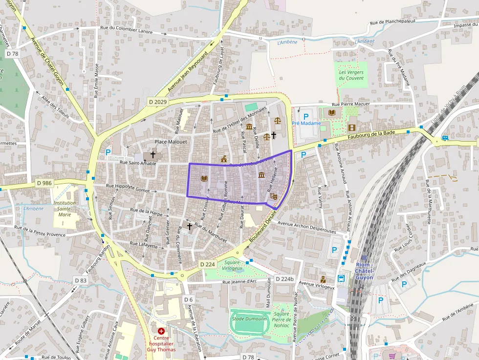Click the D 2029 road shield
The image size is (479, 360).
[157, 102]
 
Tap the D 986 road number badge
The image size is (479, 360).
[44, 183]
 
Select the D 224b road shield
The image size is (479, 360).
[284, 279]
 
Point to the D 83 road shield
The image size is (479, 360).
[81, 280]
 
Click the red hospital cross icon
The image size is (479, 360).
[161, 331]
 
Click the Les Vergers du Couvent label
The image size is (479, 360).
[351, 75]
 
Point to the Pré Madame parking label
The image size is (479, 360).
[306, 123]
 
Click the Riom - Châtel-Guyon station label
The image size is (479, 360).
[365, 268]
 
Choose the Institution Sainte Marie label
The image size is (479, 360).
[65, 209]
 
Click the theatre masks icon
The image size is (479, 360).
[273, 196]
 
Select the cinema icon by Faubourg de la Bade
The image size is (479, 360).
[352, 127]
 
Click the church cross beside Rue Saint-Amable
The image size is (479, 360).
[153, 154]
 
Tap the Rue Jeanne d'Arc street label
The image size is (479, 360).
[239, 281]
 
